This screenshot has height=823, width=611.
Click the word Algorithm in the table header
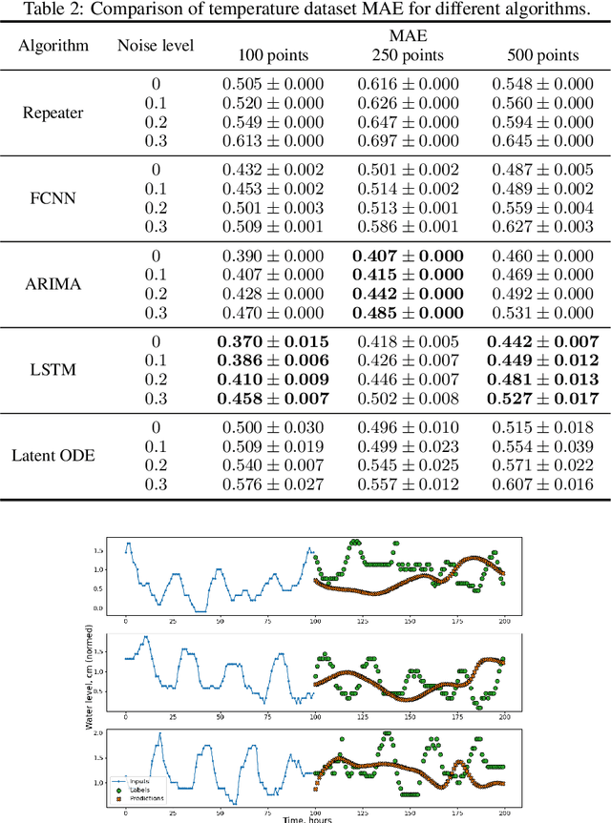55,45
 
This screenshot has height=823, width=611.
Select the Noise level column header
156,45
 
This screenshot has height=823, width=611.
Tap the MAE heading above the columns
408,37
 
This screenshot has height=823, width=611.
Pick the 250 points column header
408,55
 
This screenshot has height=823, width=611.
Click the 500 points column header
542,55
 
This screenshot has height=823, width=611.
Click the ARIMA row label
55,284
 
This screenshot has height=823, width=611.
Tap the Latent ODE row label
55,456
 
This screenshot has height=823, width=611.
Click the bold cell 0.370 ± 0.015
273,341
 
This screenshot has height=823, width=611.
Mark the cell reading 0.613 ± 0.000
273,141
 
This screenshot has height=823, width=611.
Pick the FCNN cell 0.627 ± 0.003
542,227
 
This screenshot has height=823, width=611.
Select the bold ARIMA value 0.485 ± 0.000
408,313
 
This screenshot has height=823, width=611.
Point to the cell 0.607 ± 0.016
542,484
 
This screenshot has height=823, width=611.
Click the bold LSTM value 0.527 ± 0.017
542,399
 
